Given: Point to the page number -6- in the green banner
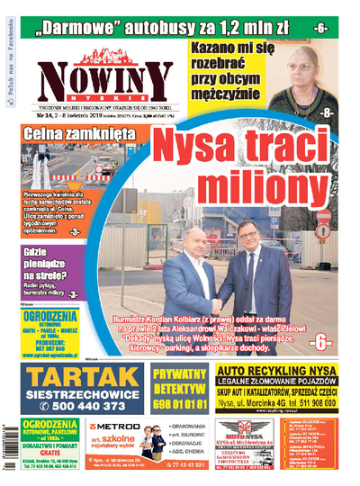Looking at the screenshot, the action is click(321, 28).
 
